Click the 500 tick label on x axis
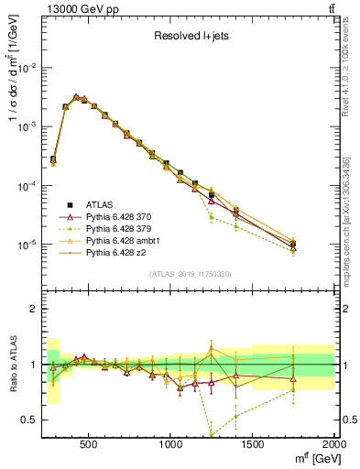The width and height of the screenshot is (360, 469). [89, 443]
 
